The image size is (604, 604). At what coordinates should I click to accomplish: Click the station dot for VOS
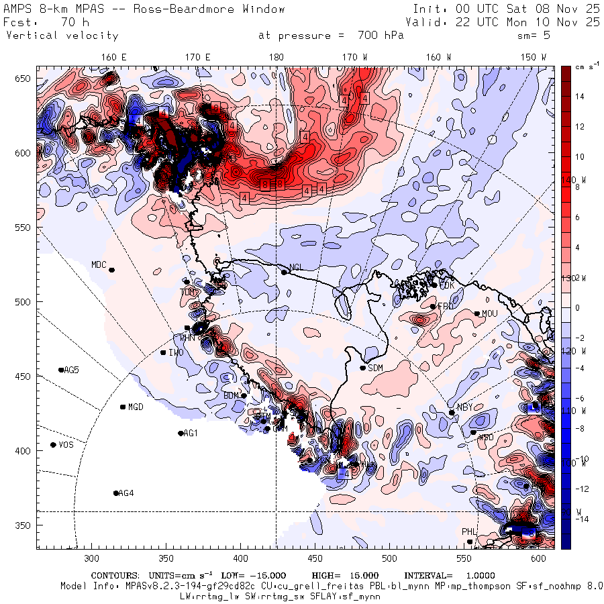point(54,445)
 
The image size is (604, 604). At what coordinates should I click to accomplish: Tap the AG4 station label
point(126,493)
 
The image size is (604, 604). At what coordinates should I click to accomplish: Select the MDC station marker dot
point(112,270)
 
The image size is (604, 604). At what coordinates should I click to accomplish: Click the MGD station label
point(136,407)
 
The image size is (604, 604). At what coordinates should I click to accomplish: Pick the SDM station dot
point(363,368)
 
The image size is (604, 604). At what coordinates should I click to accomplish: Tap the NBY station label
point(465,407)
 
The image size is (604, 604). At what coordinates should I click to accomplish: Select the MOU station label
point(489,313)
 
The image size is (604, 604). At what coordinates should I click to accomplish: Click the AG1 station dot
point(181,434)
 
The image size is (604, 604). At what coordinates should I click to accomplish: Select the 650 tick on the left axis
point(25,79)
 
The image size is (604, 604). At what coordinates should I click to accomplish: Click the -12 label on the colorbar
point(581,489)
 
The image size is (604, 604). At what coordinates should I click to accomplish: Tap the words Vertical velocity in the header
point(62,36)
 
